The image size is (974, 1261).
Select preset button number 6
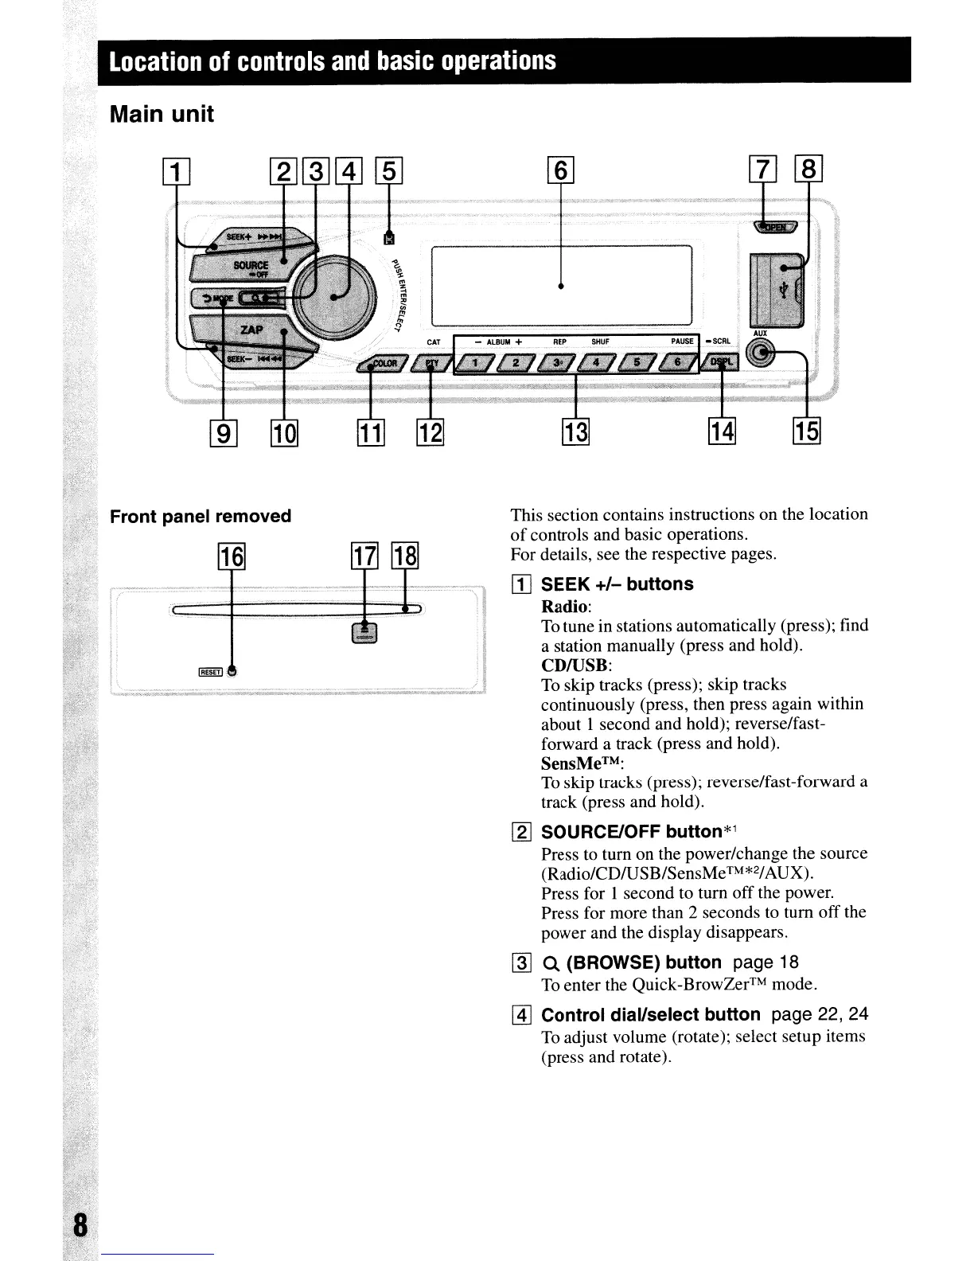click(679, 364)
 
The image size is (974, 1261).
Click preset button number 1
click(476, 364)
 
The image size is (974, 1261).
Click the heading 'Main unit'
click(162, 115)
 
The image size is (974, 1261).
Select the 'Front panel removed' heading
click(201, 516)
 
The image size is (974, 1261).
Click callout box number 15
click(807, 431)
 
